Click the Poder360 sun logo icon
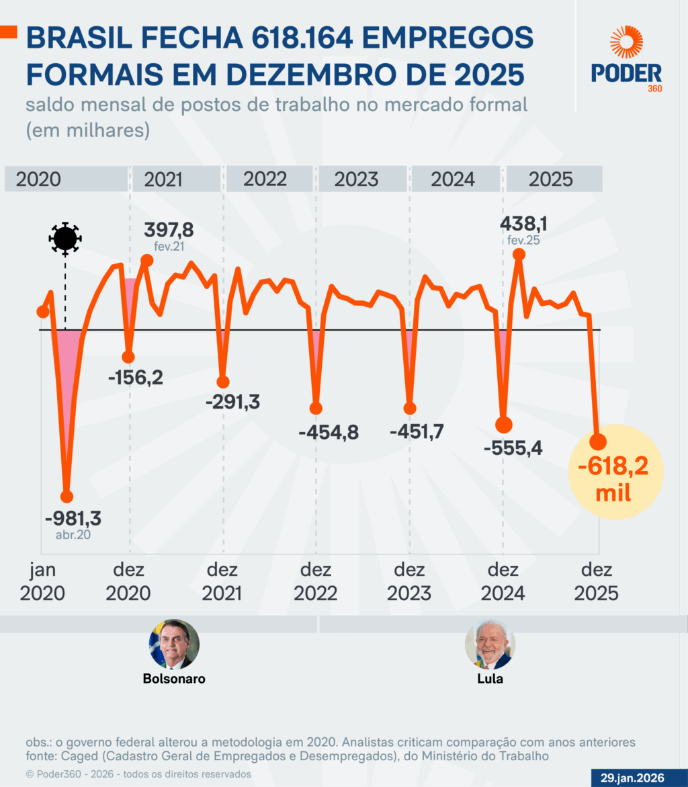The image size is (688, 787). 626,42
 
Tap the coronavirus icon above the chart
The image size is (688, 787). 65,238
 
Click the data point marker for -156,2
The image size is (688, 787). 128,357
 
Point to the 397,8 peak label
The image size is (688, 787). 169,231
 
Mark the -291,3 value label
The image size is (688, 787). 232,402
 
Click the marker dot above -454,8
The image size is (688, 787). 316,408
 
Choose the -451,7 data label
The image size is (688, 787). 417,431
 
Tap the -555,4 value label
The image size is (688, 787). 513,447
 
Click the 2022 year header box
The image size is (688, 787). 265,179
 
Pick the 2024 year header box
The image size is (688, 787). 453,179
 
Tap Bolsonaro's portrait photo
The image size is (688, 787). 174,644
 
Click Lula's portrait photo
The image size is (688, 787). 490,644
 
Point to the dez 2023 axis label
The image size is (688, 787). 410,582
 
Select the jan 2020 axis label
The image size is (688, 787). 42,582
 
